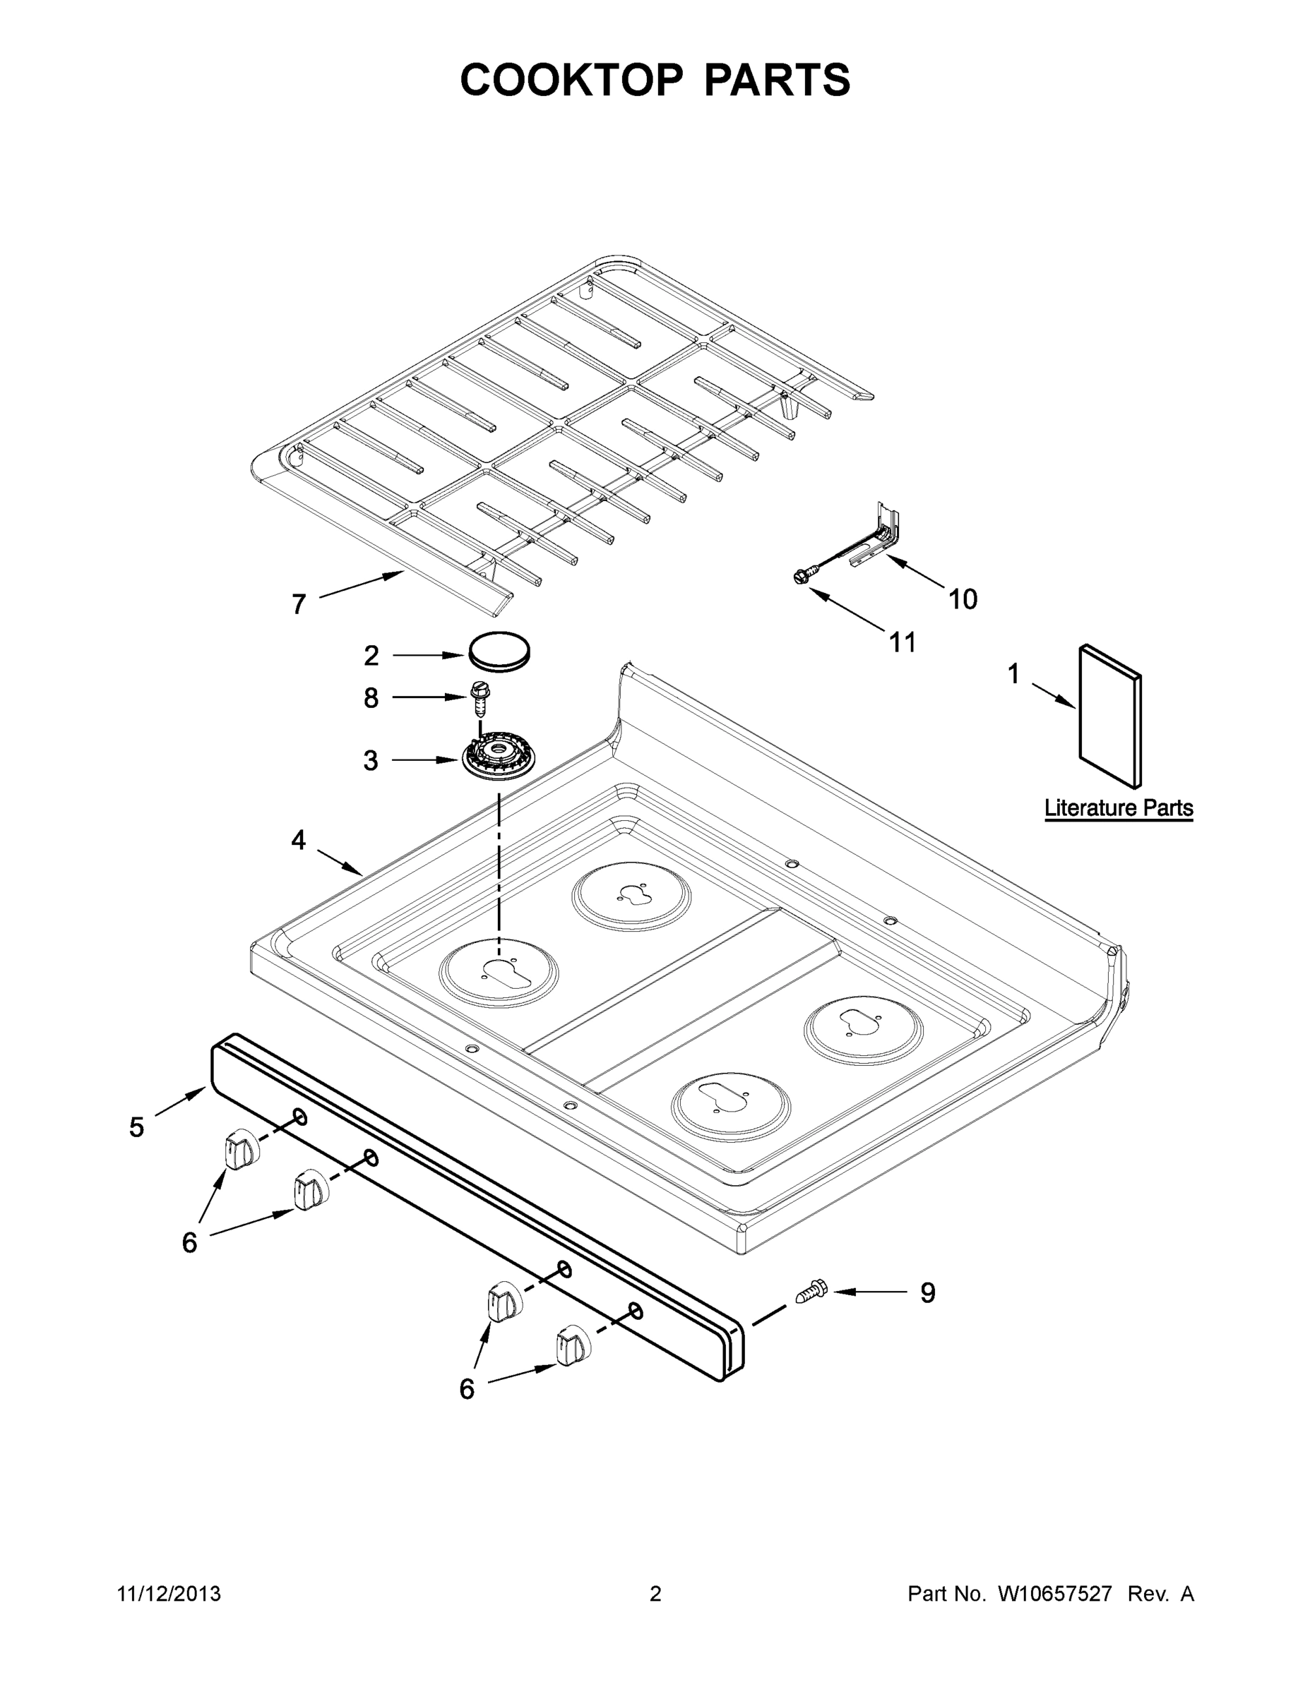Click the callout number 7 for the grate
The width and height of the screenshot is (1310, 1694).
pyautogui.click(x=299, y=604)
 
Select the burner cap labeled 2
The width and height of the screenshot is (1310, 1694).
pyautogui.click(x=499, y=651)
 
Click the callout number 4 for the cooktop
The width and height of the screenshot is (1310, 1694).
pyautogui.click(x=299, y=840)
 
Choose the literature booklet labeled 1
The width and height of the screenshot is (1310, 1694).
pyautogui.click(x=1109, y=715)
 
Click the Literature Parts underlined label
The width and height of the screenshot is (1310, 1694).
pyautogui.click(x=1119, y=808)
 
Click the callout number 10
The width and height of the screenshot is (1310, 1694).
pyautogui.click(x=963, y=599)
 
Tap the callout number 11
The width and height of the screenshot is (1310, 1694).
pyautogui.click(x=903, y=642)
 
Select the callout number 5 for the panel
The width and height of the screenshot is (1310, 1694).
pyautogui.click(x=136, y=1127)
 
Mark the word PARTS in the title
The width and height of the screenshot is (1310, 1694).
pyautogui.click(x=777, y=79)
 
